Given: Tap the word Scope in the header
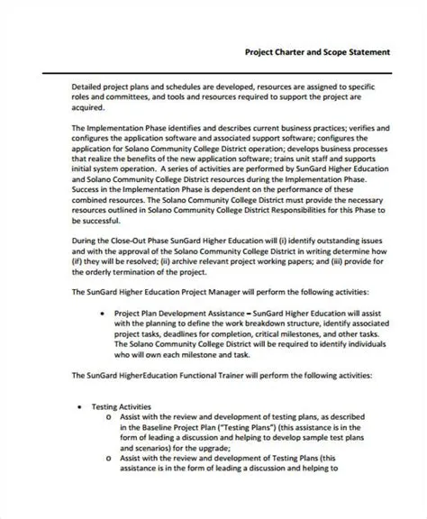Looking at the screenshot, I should coord(345,52).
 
